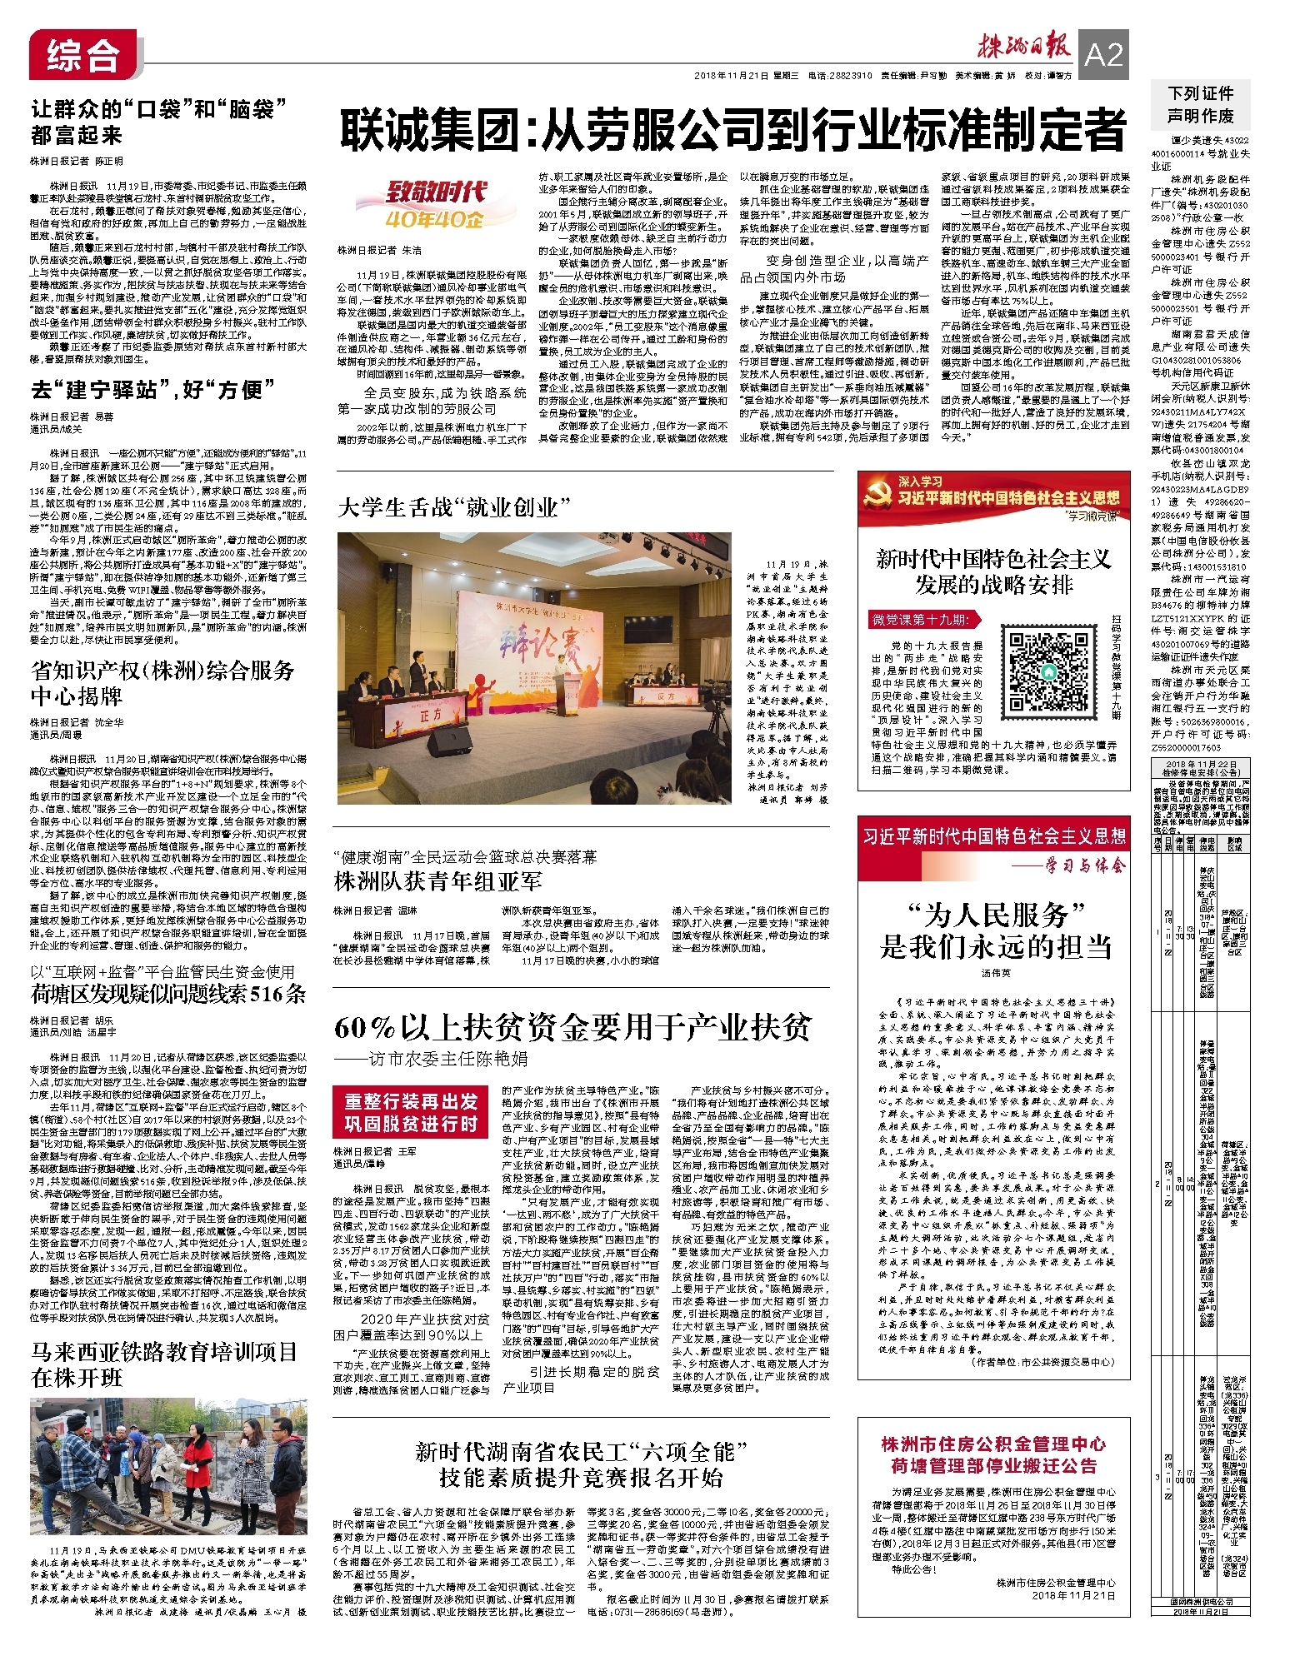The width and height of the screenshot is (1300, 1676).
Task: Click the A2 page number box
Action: [x=1104, y=54]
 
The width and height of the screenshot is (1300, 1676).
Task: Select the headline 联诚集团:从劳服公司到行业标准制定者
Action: [x=732, y=131]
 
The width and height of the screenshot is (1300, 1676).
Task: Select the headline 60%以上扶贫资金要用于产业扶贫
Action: [x=572, y=1028]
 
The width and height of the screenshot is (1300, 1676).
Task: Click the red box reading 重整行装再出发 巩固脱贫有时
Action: [x=412, y=1113]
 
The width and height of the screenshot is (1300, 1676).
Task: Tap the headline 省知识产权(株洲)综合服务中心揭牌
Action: [x=162, y=684]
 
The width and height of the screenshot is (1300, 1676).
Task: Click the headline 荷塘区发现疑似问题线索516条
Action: [x=168, y=994]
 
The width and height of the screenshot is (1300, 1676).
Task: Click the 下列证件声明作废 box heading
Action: [x=1200, y=105]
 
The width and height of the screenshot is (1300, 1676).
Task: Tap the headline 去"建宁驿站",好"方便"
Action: [x=147, y=390]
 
